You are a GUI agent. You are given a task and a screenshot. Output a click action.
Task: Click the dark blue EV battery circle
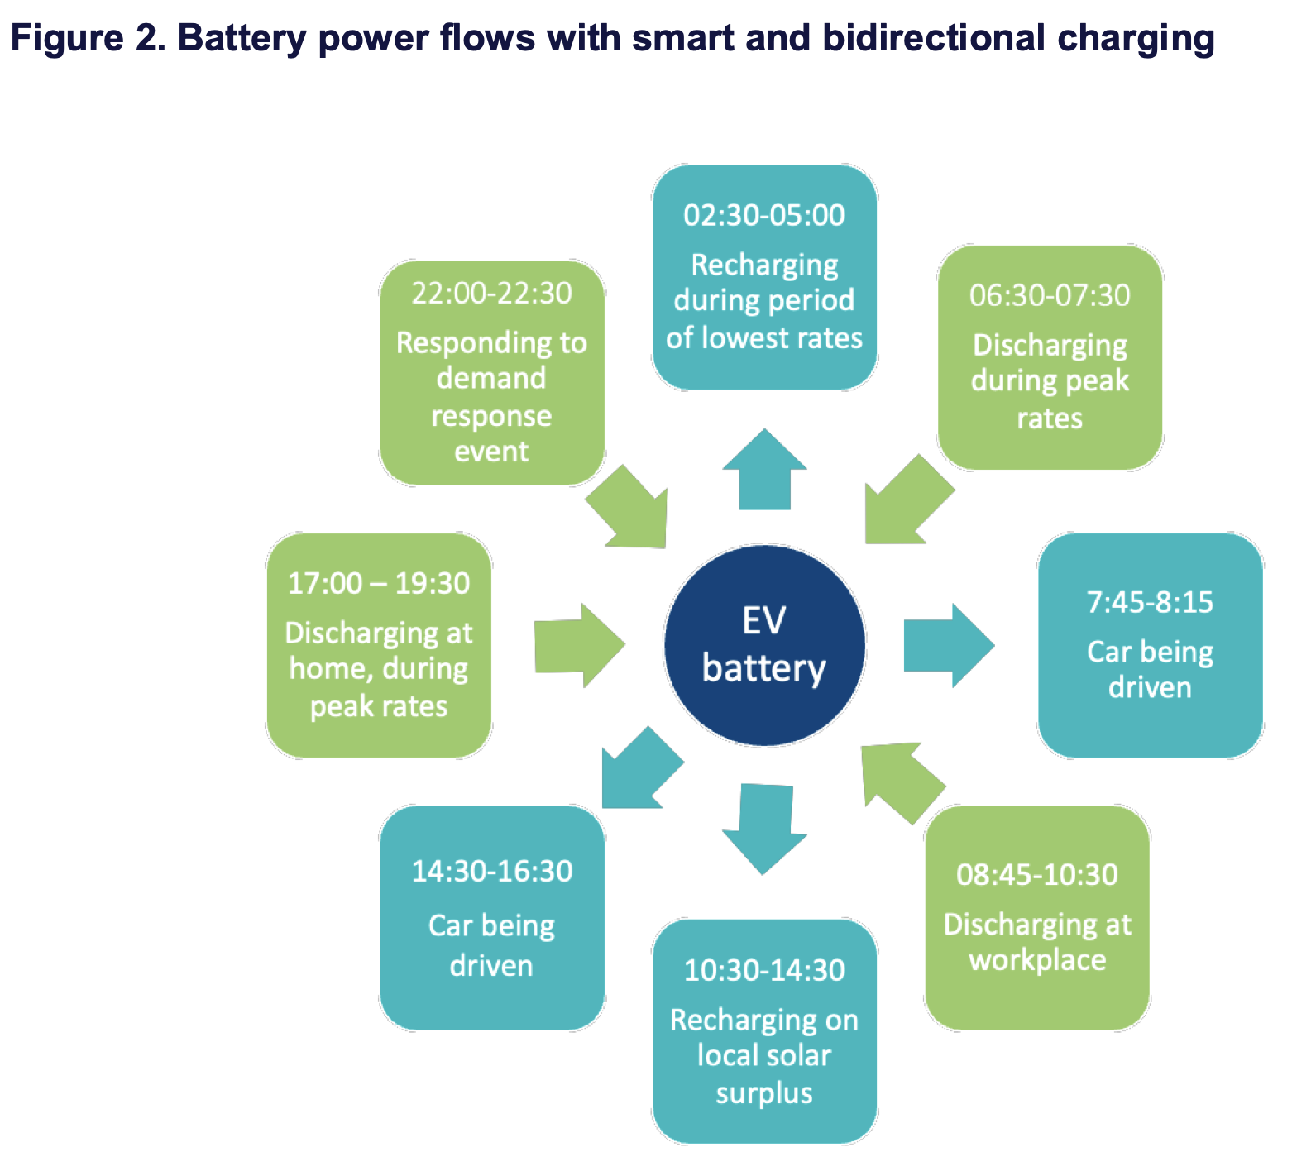point(764,646)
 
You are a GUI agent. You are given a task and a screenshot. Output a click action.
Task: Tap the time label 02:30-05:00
point(764,216)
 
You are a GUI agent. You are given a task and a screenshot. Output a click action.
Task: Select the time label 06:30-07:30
point(1050,296)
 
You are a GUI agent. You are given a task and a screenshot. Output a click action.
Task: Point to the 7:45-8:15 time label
point(1150,603)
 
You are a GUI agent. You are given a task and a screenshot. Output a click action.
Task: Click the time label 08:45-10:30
point(1037,875)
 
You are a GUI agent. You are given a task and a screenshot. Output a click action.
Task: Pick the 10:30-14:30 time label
point(764,970)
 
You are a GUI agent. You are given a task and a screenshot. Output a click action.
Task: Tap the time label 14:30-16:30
point(492,872)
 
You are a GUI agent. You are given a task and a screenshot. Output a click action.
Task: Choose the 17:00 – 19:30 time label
point(379,584)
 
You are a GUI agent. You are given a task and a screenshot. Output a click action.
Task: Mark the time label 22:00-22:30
point(492,294)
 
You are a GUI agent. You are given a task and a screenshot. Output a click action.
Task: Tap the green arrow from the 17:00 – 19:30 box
point(577,646)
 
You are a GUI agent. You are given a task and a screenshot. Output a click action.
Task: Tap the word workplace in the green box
point(1037,961)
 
